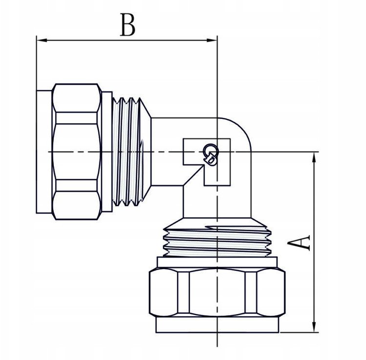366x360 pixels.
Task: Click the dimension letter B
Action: (128, 24)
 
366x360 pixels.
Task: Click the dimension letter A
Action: (299, 243)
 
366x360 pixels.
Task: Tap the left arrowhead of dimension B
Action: (42, 41)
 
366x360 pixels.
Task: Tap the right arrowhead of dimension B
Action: (212, 41)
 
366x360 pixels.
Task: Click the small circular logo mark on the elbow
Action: (211, 154)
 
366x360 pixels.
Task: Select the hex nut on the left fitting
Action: (77, 152)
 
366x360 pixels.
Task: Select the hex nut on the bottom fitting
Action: (217, 292)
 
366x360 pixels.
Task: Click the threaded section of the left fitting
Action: (127, 152)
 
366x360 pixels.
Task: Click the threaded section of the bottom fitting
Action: (217, 242)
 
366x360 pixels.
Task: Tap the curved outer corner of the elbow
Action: (240, 128)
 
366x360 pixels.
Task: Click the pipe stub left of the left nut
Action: (44, 152)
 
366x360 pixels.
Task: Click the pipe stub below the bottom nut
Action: (217, 325)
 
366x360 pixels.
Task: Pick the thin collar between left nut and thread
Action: (107, 152)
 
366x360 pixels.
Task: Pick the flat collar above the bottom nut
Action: (217, 262)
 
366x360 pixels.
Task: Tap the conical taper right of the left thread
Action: (146, 152)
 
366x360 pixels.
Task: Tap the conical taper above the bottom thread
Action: (217, 222)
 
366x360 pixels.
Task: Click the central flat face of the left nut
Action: (76, 152)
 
